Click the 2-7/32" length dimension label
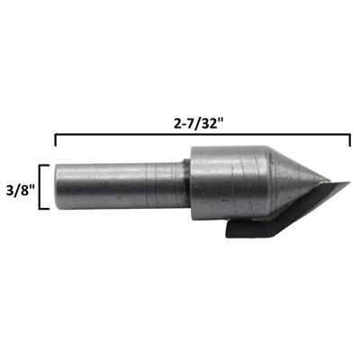[199, 124]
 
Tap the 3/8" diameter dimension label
[20, 191]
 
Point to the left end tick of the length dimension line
[55, 140]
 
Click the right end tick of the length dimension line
[350, 140]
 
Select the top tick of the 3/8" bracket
[43, 166]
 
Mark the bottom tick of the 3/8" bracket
[43, 208]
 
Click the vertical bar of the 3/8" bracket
[40, 186]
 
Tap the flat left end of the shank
[56, 186]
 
